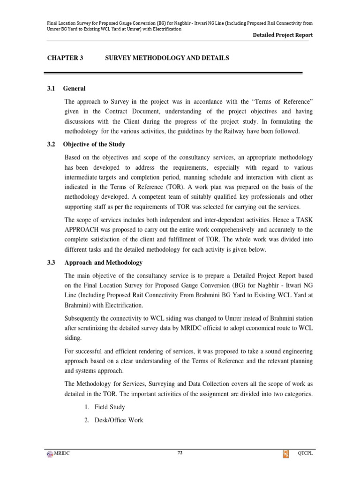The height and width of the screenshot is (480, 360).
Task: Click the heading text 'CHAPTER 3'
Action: coord(65,58)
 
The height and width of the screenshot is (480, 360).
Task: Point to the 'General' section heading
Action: coord(75,89)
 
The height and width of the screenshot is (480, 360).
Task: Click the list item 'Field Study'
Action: coord(110,407)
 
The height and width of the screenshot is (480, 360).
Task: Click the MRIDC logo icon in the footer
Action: coord(50,454)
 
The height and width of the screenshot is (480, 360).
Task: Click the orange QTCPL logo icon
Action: coord(285,454)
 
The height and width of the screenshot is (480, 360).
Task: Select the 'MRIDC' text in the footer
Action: coord(63,454)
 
